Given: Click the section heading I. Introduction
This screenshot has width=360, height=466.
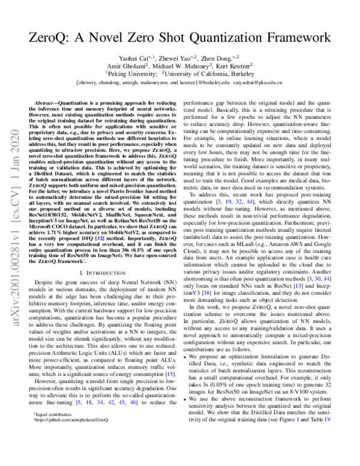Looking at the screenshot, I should click(102, 273).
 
